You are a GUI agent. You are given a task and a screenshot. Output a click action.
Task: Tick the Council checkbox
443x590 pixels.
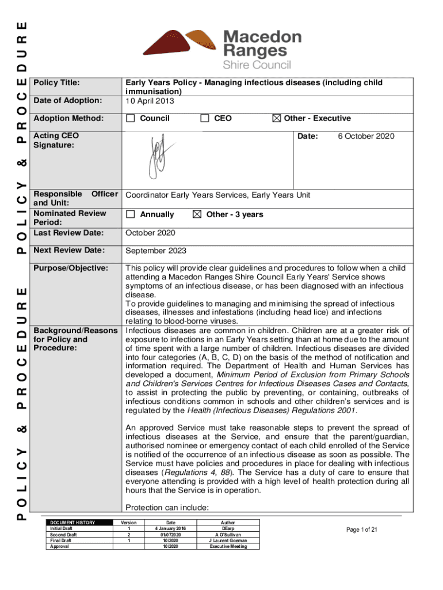point(131,119)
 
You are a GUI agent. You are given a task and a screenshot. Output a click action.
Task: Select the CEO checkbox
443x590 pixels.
point(205,119)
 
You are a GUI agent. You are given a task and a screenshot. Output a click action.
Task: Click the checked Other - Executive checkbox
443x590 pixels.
point(276,119)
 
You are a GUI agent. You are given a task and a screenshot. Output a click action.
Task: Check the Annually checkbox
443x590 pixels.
point(131,214)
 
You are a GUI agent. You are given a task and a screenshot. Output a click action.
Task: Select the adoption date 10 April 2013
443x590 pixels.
point(150,101)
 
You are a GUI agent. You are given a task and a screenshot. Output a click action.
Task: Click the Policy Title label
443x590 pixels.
point(56,83)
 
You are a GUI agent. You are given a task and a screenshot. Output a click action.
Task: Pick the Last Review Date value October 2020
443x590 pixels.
point(150,233)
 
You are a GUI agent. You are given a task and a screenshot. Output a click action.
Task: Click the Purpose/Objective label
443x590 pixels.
point(71,268)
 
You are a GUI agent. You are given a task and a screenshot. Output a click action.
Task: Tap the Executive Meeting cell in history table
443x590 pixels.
point(229,546)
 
